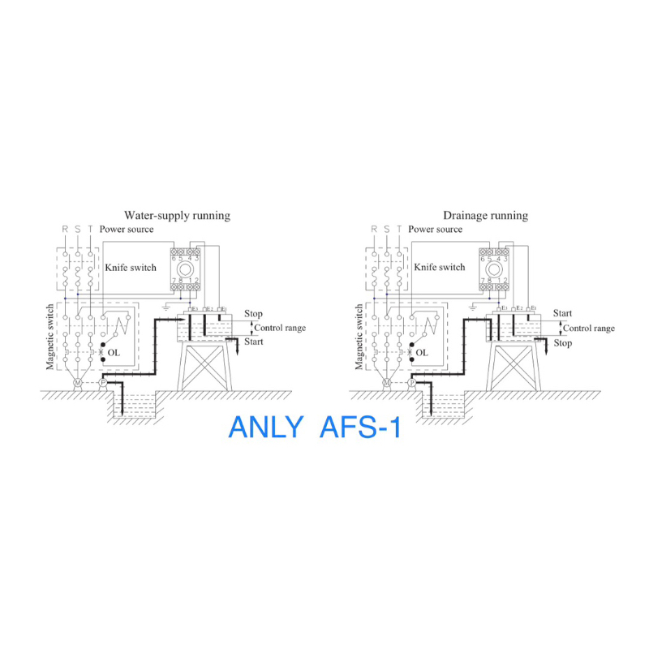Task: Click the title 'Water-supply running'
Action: click(177, 216)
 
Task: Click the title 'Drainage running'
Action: click(485, 216)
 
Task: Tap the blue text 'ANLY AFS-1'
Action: click(315, 428)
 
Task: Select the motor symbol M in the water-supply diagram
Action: click(78, 382)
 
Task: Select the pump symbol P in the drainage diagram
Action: click(412, 382)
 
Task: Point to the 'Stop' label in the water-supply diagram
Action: click(253, 314)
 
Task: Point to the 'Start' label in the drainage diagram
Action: click(562, 314)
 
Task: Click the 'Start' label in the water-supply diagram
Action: click(254, 342)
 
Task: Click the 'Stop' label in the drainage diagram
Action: click(563, 343)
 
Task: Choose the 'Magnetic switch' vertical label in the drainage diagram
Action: click(359, 337)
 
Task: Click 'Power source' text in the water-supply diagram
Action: click(127, 230)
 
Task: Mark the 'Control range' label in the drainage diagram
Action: click(589, 329)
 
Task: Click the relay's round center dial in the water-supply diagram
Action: click(185, 269)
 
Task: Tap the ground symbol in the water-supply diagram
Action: click(165, 308)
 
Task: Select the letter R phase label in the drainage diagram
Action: click(374, 230)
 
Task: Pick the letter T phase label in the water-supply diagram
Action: click(90, 230)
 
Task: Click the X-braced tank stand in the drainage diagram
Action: click(513, 365)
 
